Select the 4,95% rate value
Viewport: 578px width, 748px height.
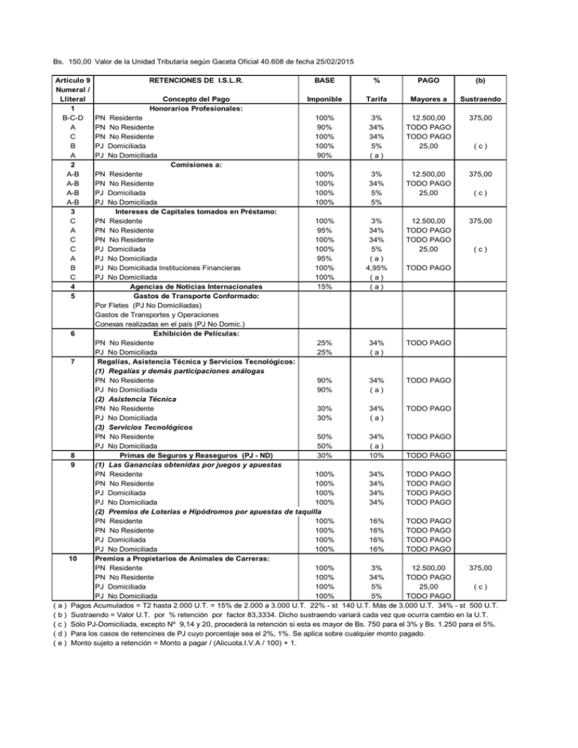click(x=380, y=267)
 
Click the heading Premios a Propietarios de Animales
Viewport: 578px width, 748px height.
click(x=190, y=558)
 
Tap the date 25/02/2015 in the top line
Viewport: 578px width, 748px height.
click(x=332, y=60)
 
